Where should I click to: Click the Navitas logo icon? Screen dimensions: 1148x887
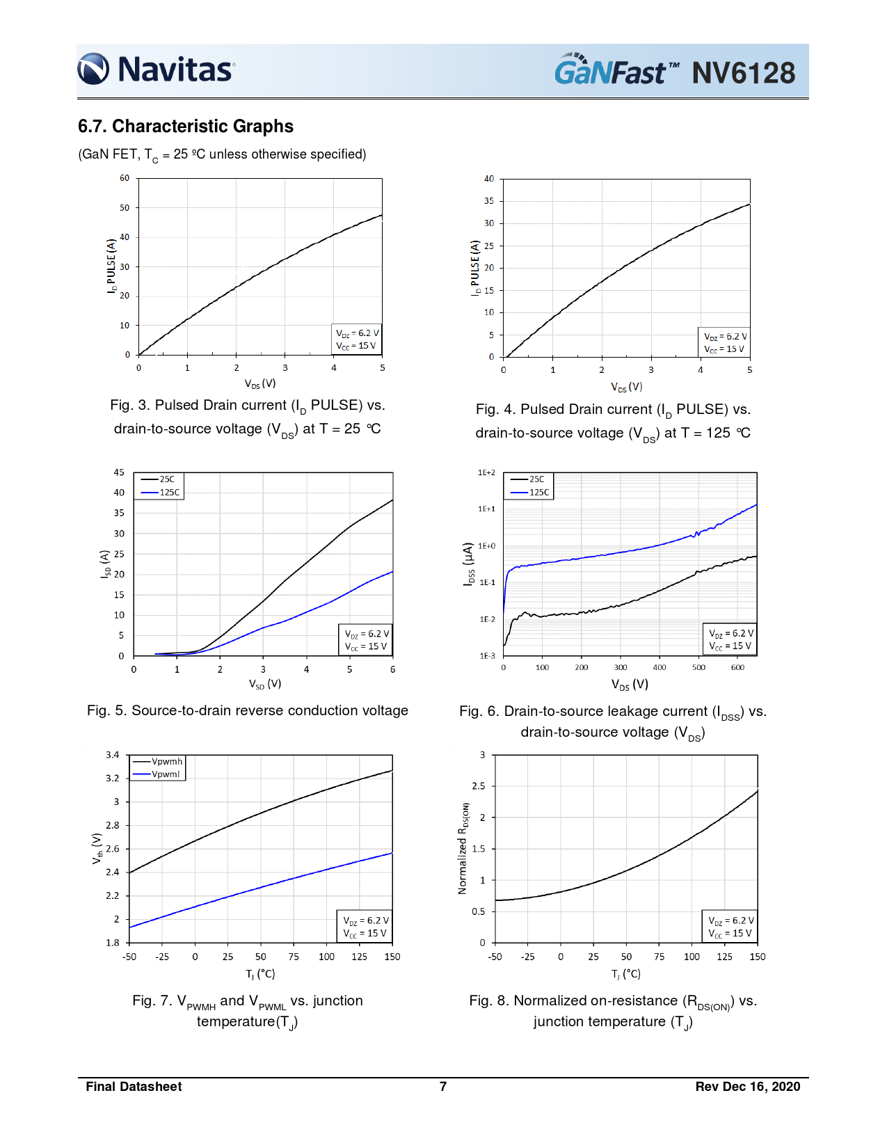click(x=93, y=69)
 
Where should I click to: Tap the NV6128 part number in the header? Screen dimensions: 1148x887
click(x=743, y=73)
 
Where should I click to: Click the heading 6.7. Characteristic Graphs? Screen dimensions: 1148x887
click(x=186, y=127)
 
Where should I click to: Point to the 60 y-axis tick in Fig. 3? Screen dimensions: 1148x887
click(x=125, y=178)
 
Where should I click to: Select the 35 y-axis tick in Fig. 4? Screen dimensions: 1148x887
click(x=489, y=201)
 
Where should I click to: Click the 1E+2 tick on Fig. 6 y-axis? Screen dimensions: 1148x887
click(x=486, y=473)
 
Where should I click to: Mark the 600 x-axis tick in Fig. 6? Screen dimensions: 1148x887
click(x=737, y=667)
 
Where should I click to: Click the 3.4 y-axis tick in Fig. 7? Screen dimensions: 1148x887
click(x=113, y=755)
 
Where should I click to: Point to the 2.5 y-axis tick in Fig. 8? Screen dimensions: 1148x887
click(x=479, y=786)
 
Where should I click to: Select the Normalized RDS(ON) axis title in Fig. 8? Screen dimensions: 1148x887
click(x=463, y=848)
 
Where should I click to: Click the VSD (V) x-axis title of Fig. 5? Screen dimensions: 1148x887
click(x=265, y=684)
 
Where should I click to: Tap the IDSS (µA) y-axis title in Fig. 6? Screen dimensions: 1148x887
click(x=469, y=564)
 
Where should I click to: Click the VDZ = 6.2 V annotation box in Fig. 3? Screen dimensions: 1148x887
click(x=357, y=340)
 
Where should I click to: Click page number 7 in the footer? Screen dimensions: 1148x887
click(x=443, y=1087)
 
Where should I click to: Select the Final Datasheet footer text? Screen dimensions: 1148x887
click(x=134, y=1087)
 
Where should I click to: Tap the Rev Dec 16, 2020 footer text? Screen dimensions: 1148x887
click(x=747, y=1087)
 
